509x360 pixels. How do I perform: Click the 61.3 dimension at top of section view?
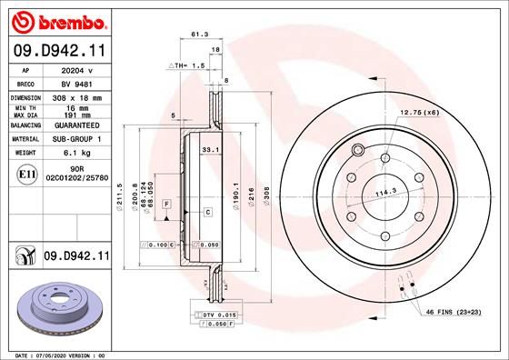click(x=196, y=34)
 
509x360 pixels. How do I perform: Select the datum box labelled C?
click(x=208, y=212)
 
